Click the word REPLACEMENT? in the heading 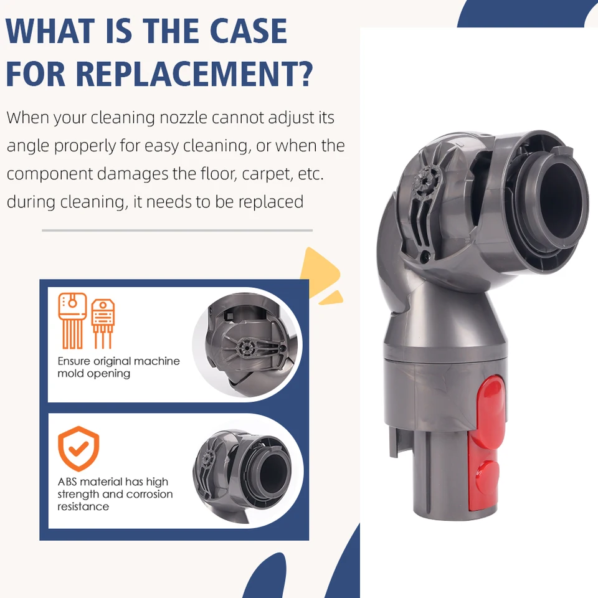pos(194,74)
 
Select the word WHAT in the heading pos(50,31)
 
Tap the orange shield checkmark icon pos(78,448)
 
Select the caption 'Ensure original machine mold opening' pos(118,367)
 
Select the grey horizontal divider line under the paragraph pos(177,230)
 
